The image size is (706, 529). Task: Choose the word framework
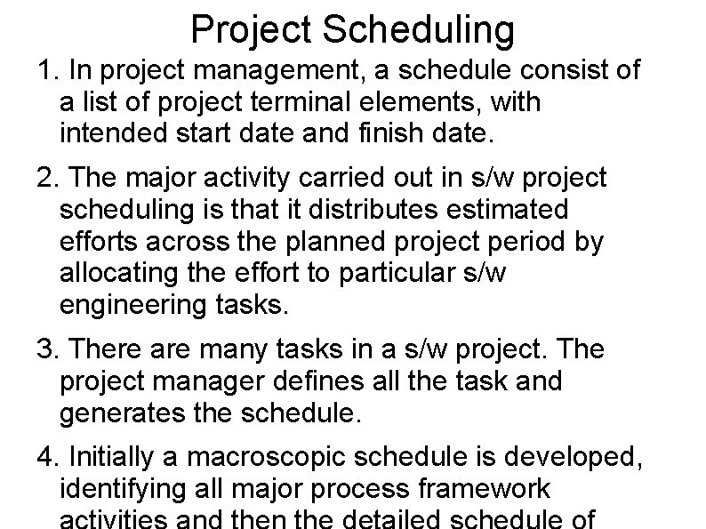486,488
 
